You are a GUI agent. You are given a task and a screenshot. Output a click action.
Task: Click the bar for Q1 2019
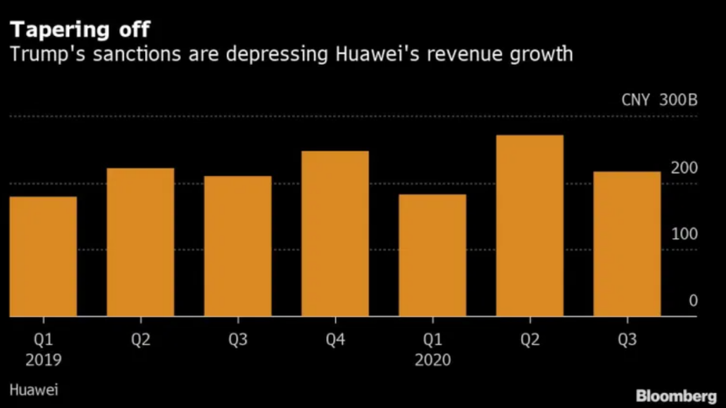[x=43, y=257]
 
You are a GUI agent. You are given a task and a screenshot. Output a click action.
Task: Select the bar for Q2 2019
[x=140, y=243]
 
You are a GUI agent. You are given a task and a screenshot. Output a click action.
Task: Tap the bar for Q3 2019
[x=237, y=246]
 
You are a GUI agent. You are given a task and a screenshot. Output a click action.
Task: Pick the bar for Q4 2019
[x=335, y=234]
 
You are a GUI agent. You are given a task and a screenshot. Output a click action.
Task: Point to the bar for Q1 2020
[x=432, y=256]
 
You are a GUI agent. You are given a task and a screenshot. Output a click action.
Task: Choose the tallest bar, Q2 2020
[x=529, y=226]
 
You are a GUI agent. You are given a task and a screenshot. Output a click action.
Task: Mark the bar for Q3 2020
[x=626, y=244]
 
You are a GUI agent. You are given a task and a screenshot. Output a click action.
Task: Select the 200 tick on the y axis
[x=685, y=167]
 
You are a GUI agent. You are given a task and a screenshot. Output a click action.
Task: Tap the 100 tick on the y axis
[x=685, y=234]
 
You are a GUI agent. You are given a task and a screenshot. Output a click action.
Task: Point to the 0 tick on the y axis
[x=693, y=300]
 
